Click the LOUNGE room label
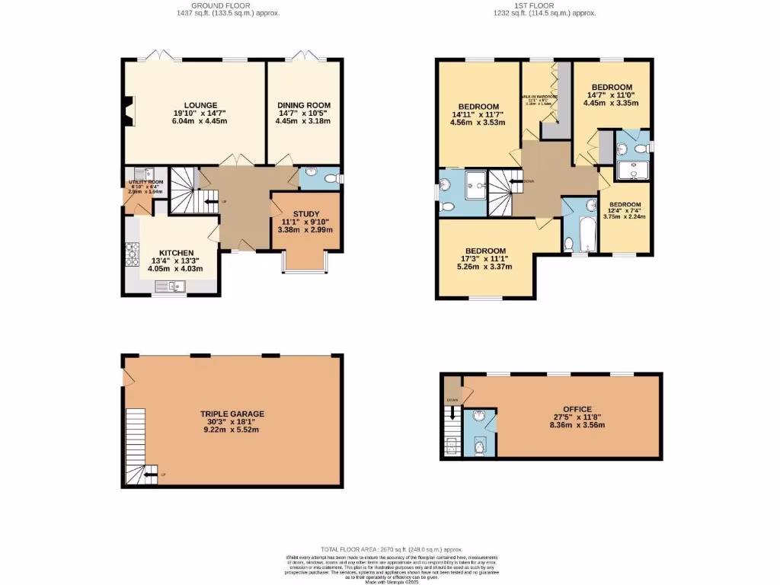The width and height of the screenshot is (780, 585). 200,105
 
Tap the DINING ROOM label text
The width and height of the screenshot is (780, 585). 303,105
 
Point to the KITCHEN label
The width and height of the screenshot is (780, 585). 176,253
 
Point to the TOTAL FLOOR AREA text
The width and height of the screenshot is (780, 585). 392,548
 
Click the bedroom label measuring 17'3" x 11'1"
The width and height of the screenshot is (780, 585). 485,251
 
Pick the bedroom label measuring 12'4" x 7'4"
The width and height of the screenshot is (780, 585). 624,204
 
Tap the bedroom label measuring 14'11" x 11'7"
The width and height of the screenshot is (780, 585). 478,106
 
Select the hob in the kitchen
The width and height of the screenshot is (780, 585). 130,251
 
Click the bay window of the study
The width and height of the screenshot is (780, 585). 305,262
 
